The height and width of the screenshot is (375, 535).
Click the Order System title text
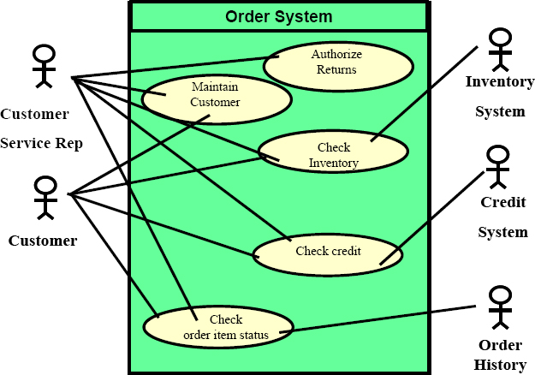(279, 16)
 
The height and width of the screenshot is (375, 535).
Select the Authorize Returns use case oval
(338, 67)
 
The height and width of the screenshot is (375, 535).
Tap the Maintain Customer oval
(217, 99)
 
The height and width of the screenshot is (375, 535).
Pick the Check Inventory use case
(333, 152)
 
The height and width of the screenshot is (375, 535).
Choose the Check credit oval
(328, 254)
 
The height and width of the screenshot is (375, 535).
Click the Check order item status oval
(218, 327)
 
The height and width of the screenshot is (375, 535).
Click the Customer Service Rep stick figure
(44, 66)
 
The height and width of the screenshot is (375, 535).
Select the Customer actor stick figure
(45, 198)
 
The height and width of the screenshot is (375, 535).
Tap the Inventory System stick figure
(500, 50)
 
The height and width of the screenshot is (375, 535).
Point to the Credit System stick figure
(498, 166)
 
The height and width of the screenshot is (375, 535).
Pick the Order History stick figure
(500, 307)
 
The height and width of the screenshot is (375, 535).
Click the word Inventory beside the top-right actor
(500, 82)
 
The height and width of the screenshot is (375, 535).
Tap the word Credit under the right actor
(503, 202)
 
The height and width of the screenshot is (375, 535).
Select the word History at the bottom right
(500, 365)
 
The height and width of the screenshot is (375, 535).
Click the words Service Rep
(41, 143)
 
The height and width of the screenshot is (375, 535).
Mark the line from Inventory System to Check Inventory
(425, 93)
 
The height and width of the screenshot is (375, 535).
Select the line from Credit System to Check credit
(432, 217)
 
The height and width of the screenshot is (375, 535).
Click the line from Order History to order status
(377, 319)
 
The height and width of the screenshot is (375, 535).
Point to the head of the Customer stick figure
(45, 185)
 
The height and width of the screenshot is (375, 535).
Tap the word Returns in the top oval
(336, 69)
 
